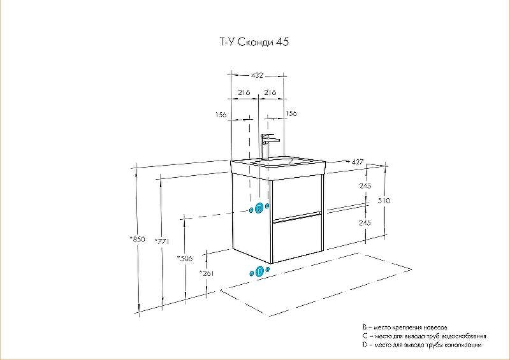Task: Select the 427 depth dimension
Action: click(x=357, y=162)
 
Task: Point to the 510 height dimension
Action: click(x=384, y=201)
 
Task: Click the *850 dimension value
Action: click(x=137, y=239)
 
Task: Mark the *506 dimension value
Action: click(x=185, y=258)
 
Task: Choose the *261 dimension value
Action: click(x=207, y=273)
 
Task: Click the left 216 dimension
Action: click(x=243, y=92)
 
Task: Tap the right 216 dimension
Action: click(x=270, y=92)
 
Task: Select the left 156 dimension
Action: click(x=221, y=115)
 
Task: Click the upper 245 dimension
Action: click(x=365, y=186)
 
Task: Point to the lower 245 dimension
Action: click(x=365, y=223)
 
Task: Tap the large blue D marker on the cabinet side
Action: click(x=259, y=208)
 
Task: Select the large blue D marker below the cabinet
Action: click(x=259, y=272)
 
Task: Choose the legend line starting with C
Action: click(x=424, y=335)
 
